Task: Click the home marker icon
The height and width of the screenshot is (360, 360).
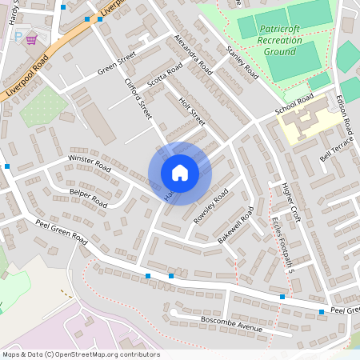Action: [179, 173]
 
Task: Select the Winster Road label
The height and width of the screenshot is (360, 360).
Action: [89, 164]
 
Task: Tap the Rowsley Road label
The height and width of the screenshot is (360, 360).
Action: [210, 206]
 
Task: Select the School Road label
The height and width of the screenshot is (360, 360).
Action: [294, 105]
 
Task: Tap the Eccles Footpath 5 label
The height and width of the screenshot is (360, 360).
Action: [284, 245]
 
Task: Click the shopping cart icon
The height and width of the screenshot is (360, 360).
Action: [31, 38]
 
